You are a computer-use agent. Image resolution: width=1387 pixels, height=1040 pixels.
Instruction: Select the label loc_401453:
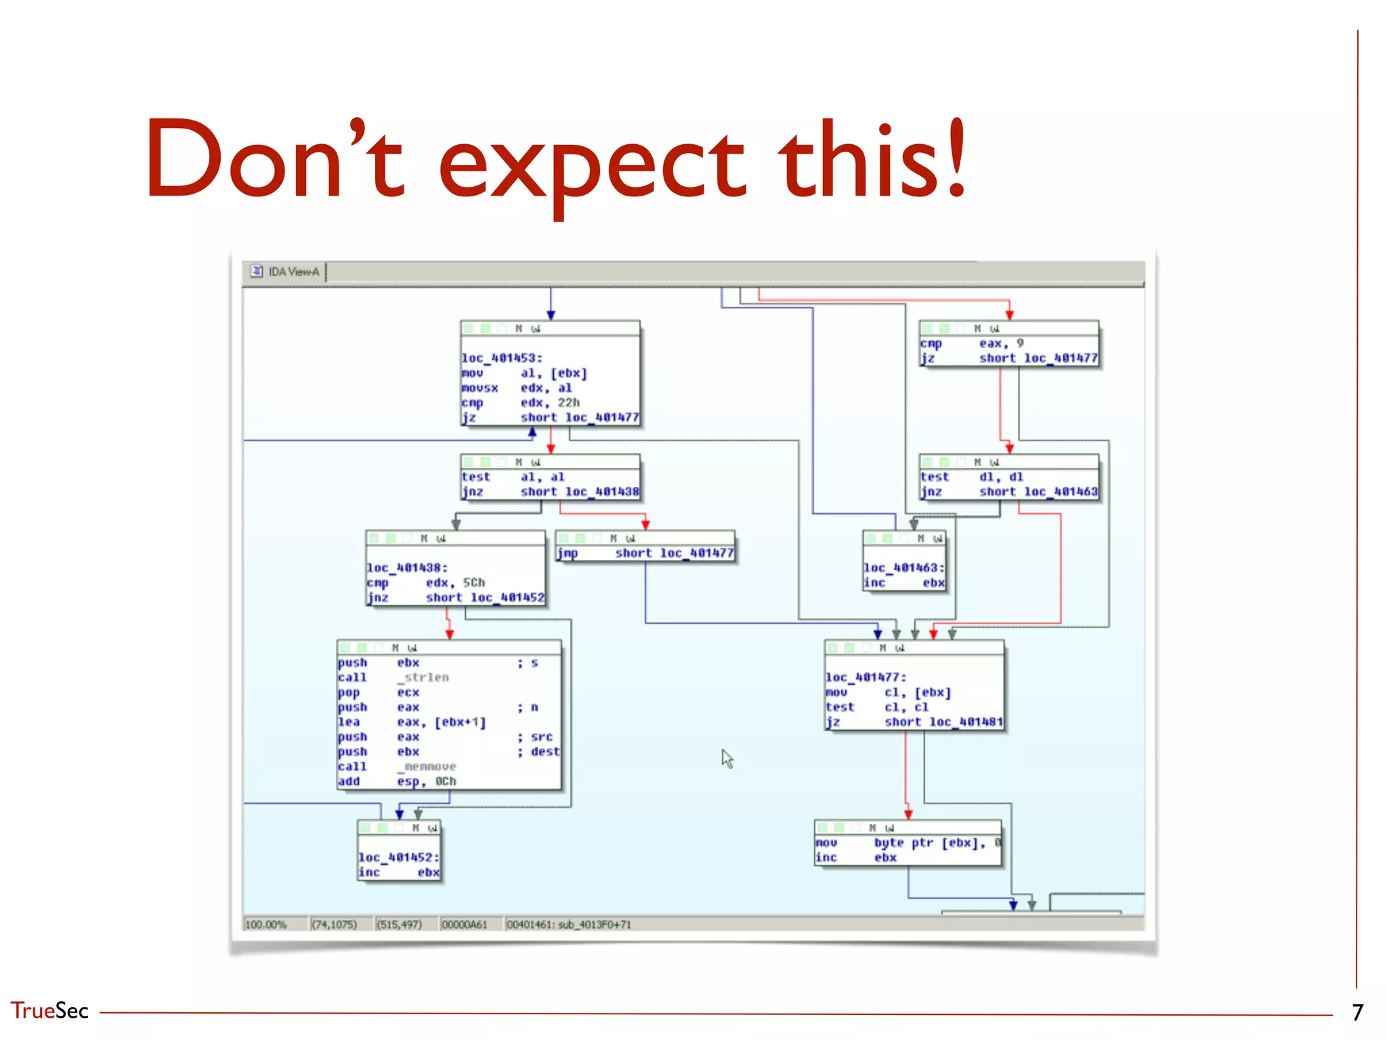[502, 358]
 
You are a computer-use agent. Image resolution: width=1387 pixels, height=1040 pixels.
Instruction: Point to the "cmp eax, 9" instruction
[972, 344]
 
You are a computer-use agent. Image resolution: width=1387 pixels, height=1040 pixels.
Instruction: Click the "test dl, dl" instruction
[972, 477]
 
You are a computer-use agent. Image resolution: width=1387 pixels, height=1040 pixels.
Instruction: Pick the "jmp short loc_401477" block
[645, 553]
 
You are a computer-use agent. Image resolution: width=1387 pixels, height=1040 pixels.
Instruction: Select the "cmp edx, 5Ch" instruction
[426, 583]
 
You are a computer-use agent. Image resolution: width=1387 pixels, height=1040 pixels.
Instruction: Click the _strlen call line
[393, 678]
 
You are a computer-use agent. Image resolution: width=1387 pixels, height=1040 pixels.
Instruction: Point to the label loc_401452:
[399, 857]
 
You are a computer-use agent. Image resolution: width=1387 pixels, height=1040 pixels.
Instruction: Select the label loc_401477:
[866, 677]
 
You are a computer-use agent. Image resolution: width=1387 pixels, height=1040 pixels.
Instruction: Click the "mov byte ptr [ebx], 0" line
[908, 843]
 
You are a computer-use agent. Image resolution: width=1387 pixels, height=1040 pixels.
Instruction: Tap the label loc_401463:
[904, 568]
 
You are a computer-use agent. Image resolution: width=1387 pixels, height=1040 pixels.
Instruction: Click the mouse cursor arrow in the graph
[727, 758]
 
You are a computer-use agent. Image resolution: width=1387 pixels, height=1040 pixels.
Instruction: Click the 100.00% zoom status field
[266, 925]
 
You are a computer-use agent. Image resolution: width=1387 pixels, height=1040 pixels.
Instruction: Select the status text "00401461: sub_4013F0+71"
[569, 925]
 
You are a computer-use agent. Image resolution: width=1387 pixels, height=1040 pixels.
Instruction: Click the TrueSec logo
[49, 1011]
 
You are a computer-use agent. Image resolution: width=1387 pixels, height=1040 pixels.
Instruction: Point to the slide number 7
[1357, 1012]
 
